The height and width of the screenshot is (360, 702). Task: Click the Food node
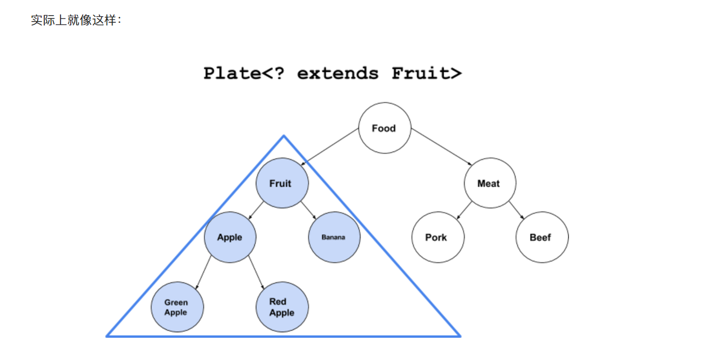(x=385, y=128)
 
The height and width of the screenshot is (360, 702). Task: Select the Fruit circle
(x=282, y=183)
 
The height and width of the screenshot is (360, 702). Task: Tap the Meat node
(x=489, y=183)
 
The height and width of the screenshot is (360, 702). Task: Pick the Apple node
(x=230, y=237)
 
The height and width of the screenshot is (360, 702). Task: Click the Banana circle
(x=334, y=237)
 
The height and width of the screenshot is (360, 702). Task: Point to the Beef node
(x=541, y=237)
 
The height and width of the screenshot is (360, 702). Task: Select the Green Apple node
(x=177, y=307)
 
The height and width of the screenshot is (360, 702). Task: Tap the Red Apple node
(x=282, y=307)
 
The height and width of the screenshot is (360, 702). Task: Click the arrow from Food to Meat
(x=441, y=146)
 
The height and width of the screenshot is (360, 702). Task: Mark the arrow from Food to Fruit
(x=330, y=146)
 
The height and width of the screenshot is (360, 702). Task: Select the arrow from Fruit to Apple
(x=256, y=210)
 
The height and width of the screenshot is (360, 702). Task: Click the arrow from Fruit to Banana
(x=308, y=210)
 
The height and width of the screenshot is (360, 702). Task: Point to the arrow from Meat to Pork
(x=464, y=210)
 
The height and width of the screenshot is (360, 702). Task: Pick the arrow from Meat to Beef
(x=516, y=210)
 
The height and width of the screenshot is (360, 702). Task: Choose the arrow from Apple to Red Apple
(x=256, y=272)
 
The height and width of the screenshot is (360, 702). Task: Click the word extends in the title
(x=337, y=73)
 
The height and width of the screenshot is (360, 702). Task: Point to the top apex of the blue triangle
(x=283, y=136)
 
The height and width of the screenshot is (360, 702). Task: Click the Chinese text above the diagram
(x=76, y=21)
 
